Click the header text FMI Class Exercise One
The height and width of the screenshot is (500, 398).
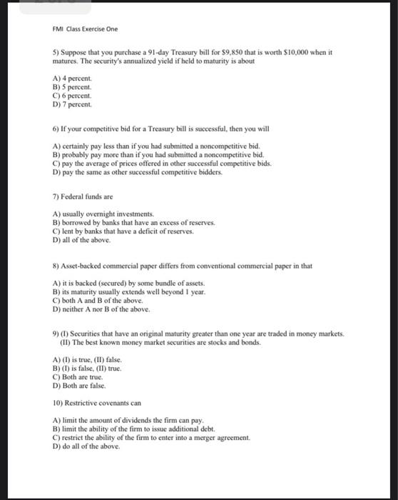[86, 29]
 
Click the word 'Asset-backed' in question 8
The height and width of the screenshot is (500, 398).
[83, 266]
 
